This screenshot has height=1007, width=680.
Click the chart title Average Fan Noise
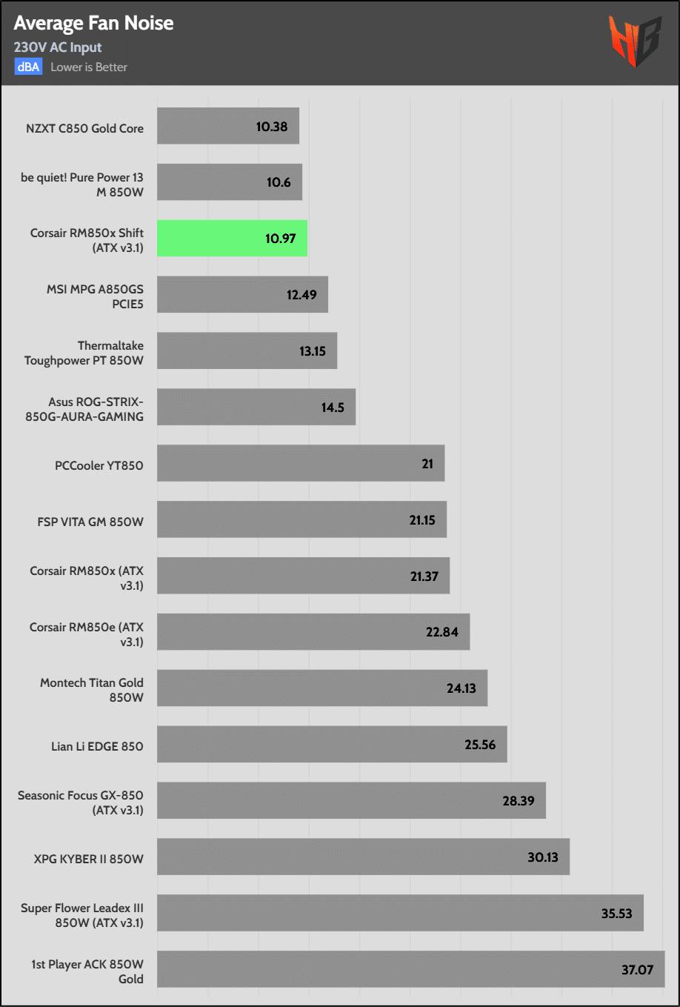(93, 24)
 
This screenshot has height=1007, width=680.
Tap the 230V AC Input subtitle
(58, 47)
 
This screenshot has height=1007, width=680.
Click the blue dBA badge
(28, 67)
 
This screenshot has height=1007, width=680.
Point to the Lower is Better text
(89, 67)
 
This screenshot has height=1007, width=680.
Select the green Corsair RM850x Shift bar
(232, 239)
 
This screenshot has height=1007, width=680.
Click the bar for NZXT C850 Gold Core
(227, 126)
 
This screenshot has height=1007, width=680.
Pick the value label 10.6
(279, 182)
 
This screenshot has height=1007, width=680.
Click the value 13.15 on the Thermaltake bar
(313, 351)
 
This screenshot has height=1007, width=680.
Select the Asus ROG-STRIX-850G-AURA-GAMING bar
(256, 407)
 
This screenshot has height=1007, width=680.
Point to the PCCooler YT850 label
(99, 465)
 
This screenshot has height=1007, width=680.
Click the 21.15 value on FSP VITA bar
(422, 520)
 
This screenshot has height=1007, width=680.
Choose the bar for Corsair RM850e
(313, 632)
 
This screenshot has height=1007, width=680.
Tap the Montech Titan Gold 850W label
(92, 690)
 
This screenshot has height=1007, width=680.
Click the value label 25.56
(480, 745)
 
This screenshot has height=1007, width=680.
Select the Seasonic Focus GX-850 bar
(351, 801)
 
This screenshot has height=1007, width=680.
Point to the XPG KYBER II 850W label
(89, 859)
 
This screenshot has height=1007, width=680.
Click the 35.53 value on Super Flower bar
(616, 914)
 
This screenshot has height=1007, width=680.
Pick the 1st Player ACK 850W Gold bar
(410, 969)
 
